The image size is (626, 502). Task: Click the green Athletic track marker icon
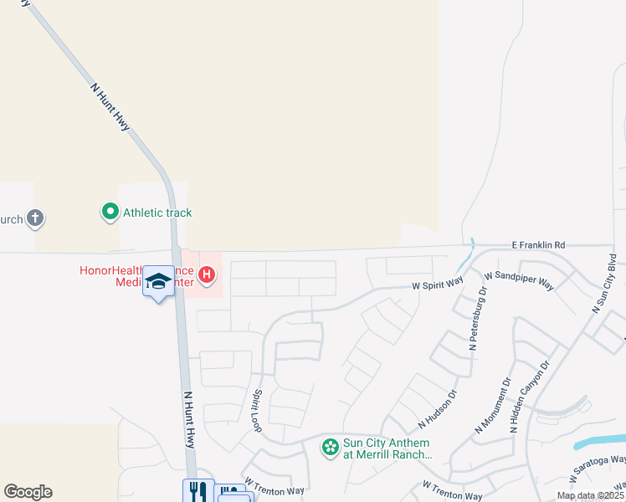click(x=110, y=213)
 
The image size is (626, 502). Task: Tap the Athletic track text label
click(x=157, y=213)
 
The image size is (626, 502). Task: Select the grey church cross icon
click(x=34, y=219)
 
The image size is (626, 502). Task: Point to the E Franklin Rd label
click(x=539, y=245)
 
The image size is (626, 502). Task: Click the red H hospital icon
click(x=206, y=274)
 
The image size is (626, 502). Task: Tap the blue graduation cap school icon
click(x=158, y=282)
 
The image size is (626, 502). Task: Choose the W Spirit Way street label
click(x=438, y=284)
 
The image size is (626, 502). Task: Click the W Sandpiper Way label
click(x=519, y=280)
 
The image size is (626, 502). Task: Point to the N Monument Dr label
click(x=493, y=406)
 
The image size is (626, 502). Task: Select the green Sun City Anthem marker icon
click(x=331, y=448)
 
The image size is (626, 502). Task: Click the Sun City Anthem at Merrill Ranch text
click(x=387, y=449)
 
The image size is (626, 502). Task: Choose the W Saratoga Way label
click(x=598, y=469)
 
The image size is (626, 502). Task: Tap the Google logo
click(x=28, y=492)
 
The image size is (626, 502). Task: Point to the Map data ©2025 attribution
click(x=590, y=495)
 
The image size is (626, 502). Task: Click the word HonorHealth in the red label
click(x=111, y=270)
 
